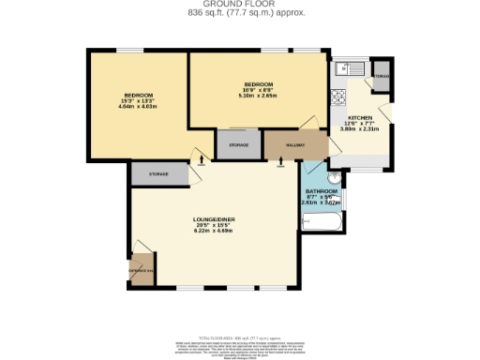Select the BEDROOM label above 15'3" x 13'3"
tap(138, 95)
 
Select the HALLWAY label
tap(282, 144)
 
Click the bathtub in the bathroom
tap(323, 223)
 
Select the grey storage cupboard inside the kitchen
tap(382, 76)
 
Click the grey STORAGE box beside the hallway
tap(238, 144)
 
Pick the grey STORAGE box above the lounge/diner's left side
tap(157, 174)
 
